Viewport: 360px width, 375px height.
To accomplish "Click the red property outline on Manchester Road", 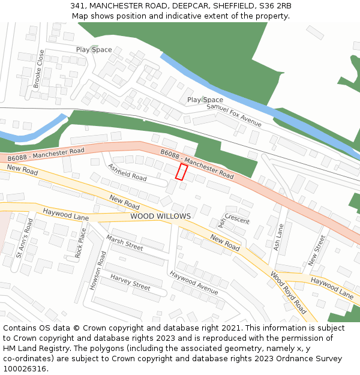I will [181, 172].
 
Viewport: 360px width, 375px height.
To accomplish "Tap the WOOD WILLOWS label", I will [160, 216].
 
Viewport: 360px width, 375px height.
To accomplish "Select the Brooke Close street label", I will [39, 69].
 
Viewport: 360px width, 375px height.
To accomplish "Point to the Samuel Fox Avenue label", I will [234, 115].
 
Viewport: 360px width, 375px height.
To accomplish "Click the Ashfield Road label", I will [127, 172].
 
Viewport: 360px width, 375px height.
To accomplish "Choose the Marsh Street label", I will [125, 243].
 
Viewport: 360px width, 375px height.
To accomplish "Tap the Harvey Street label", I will [130, 282].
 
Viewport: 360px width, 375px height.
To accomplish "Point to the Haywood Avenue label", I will [193, 283].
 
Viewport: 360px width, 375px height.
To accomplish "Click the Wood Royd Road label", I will [288, 293].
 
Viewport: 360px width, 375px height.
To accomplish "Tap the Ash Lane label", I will [278, 237].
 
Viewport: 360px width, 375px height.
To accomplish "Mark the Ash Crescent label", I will [230, 220].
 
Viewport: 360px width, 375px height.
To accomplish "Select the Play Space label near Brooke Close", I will [94, 50].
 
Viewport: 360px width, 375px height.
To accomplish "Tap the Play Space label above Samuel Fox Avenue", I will [205, 100].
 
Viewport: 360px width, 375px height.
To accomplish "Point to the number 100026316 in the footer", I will [25, 368].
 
